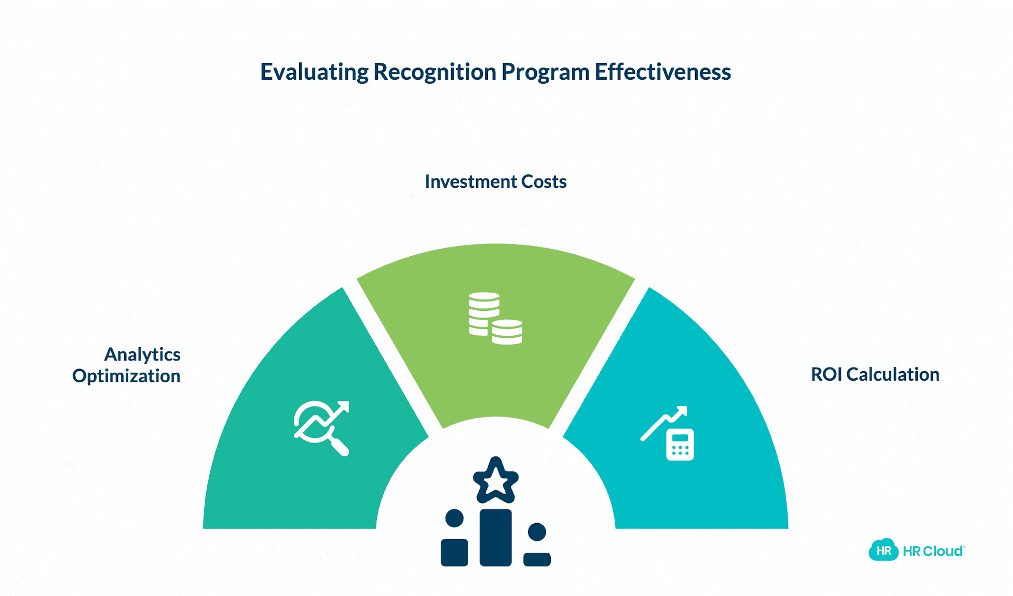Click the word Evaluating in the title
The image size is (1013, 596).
click(x=314, y=72)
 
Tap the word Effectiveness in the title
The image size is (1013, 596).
click(x=663, y=72)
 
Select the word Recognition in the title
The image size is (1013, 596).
click(x=435, y=72)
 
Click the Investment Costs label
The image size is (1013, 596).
click(x=495, y=181)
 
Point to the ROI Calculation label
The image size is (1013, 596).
click(x=875, y=374)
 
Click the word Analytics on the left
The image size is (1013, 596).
click(x=142, y=354)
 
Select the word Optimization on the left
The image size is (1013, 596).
click(x=126, y=376)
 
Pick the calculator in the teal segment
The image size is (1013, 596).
click(x=680, y=445)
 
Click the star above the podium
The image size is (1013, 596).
click(x=495, y=480)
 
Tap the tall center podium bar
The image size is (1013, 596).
click(x=495, y=537)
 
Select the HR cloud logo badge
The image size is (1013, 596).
click(x=883, y=550)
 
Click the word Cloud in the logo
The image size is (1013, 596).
click(x=943, y=551)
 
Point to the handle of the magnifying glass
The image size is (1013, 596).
click(x=340, y=447)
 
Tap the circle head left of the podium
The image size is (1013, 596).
click(x=454, y=518)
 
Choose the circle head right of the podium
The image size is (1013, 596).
click(x=536, y=532)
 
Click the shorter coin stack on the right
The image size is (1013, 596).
click(x=507, y=332)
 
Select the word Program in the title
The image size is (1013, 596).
click(x=545, y=72)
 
